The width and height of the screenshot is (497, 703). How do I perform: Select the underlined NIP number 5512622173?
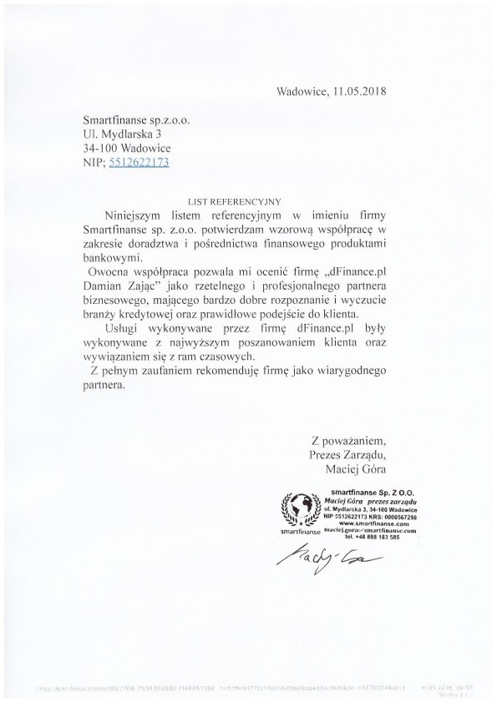139,163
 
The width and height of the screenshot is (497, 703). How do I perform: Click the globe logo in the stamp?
299,508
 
